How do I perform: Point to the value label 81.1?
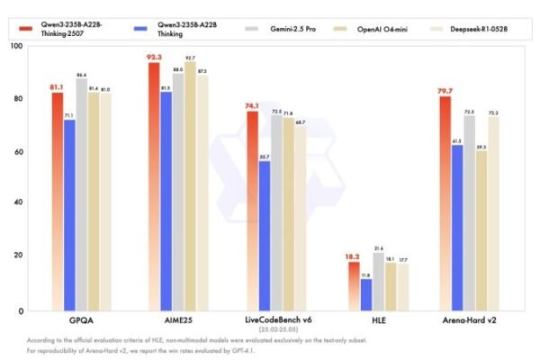click(x=56, y=87)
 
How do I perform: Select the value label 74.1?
click(x=252, y=105)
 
